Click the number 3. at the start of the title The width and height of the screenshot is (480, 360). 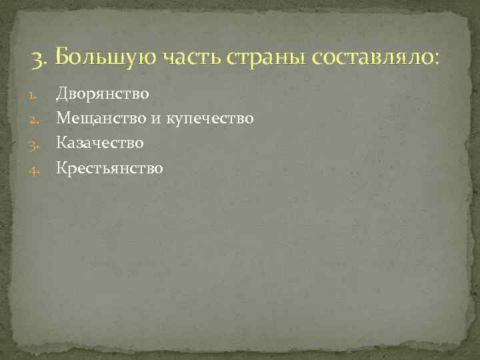click(x=40, y=59)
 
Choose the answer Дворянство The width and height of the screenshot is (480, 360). click(x=103, y=94)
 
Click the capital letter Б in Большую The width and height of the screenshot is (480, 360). click(x=63, y=58)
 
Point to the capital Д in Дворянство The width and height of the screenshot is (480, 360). click(x=62, y=94)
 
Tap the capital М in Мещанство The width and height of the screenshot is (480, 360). click(x=63, y=119)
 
